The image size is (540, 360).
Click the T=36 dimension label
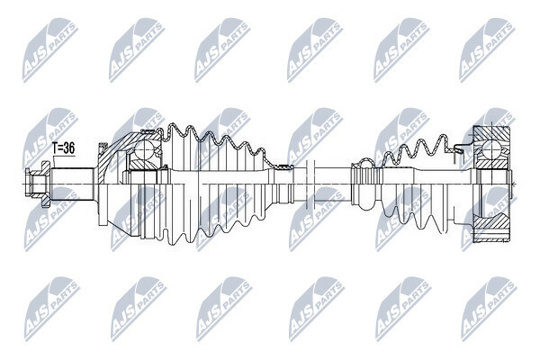tap(63, 148)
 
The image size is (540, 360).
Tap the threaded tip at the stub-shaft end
tap(33, 184)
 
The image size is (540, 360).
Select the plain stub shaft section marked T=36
tap(73, 184)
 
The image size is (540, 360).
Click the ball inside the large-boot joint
tap(144, 150)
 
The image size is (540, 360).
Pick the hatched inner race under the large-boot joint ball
tap(142, 166)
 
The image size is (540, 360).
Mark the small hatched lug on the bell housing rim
tap(103, 148)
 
